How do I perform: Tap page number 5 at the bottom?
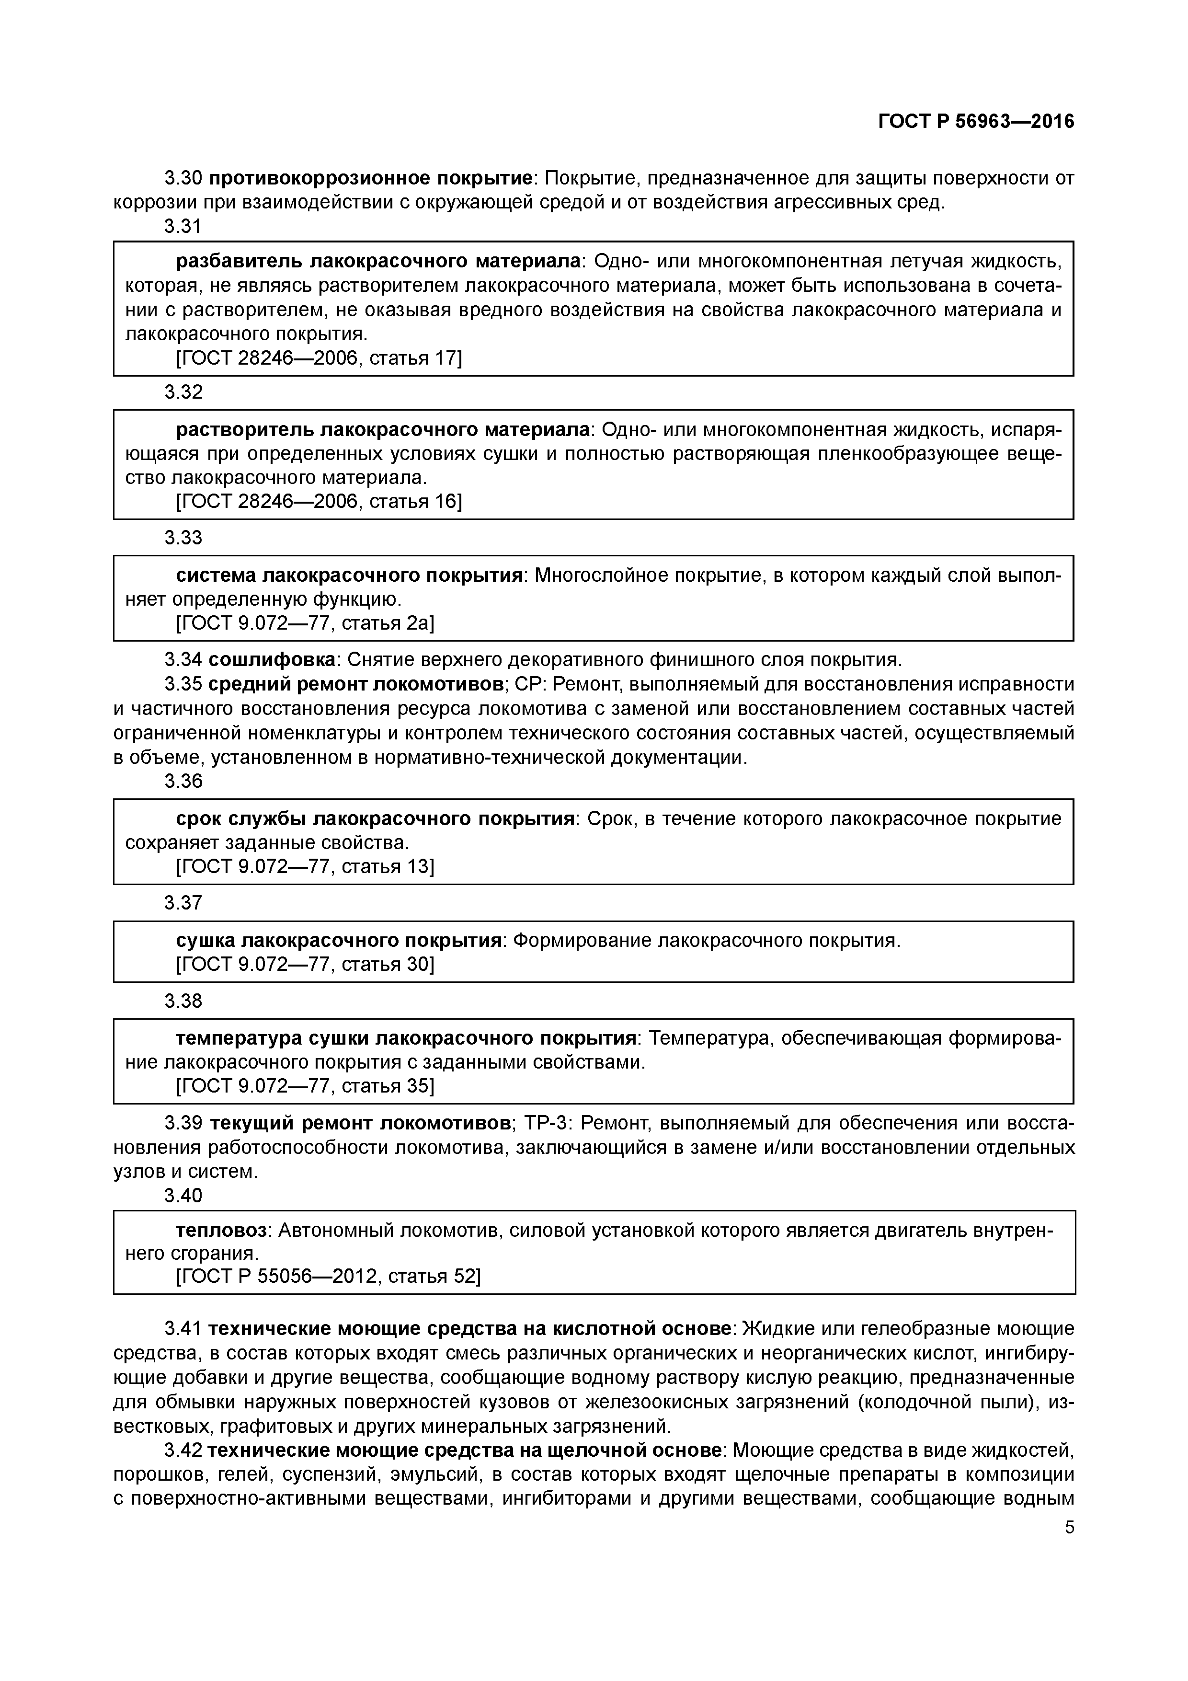1069,1528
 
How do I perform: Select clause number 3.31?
183,226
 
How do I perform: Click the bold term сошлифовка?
272,660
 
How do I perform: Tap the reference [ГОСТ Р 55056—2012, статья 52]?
328,1276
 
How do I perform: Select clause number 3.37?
183,903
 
